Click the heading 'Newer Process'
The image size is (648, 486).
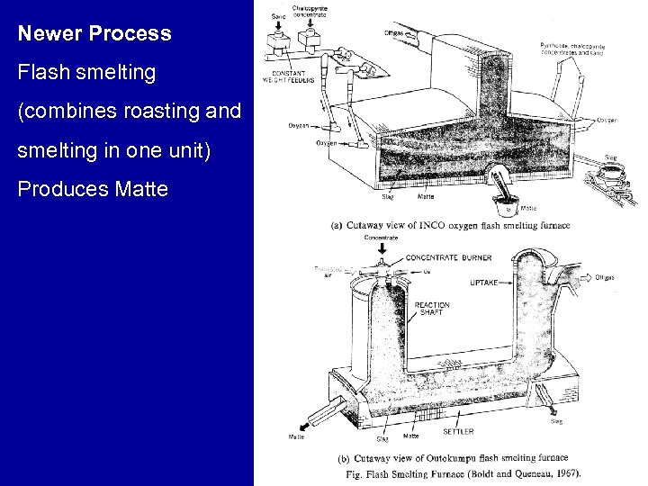(94, 34)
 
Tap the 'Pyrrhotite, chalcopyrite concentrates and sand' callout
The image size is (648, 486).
(572, 49)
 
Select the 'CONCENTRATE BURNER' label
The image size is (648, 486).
(448, 258)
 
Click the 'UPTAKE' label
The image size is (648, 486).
(483, 283)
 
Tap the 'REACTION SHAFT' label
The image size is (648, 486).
(432, 309)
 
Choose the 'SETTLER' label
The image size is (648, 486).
(459, 432)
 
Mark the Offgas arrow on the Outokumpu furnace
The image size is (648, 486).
(583, 277)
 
